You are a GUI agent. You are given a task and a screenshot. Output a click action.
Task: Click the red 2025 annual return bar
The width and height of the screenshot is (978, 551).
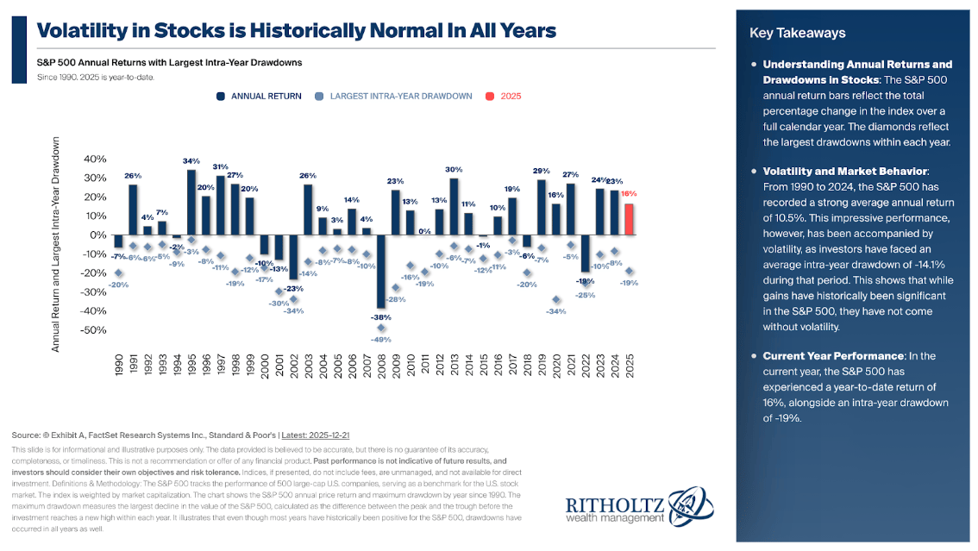coord(630,219)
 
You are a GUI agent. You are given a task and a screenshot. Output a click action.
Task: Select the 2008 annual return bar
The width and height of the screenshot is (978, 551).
coord(380,272)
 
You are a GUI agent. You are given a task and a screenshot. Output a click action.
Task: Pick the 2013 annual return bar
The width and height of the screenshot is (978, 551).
coord(454,206)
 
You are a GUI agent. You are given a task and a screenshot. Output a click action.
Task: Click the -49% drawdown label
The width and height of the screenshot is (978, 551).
coord(380,339)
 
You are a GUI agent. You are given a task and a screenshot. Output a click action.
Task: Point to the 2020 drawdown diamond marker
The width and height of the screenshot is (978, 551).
coord(557,300)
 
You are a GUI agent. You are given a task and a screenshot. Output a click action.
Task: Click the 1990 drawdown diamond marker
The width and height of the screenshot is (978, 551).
coord(118,273)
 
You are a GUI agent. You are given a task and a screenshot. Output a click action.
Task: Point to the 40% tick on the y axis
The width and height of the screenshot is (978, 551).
coord(95,160)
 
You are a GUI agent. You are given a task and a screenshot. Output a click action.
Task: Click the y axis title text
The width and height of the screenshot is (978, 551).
coord(56,244)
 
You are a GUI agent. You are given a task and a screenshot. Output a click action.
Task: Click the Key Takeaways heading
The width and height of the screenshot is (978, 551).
coord(798,34)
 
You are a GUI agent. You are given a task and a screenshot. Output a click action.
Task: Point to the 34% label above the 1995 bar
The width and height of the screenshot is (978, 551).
coord(191,161)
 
